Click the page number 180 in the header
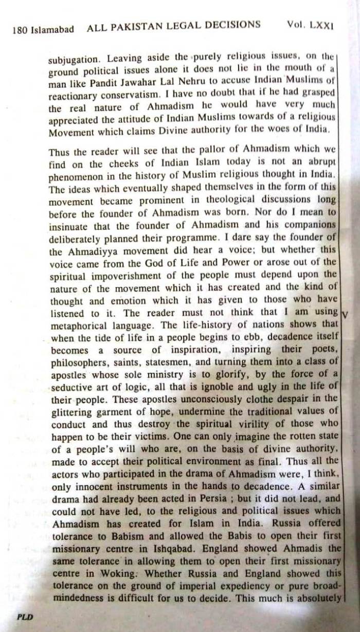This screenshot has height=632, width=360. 21,29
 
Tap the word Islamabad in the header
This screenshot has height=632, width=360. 52,29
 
